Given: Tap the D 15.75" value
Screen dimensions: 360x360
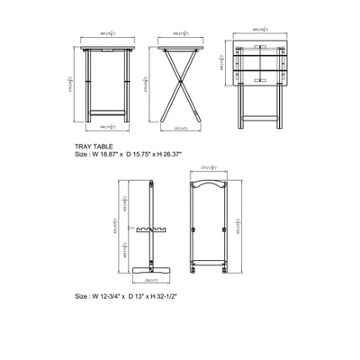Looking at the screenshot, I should click(x=147, y=154).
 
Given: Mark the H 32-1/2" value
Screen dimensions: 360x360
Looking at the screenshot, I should click(x=170, y=295).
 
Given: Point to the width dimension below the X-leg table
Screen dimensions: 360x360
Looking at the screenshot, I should click(x=180, y=127).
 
